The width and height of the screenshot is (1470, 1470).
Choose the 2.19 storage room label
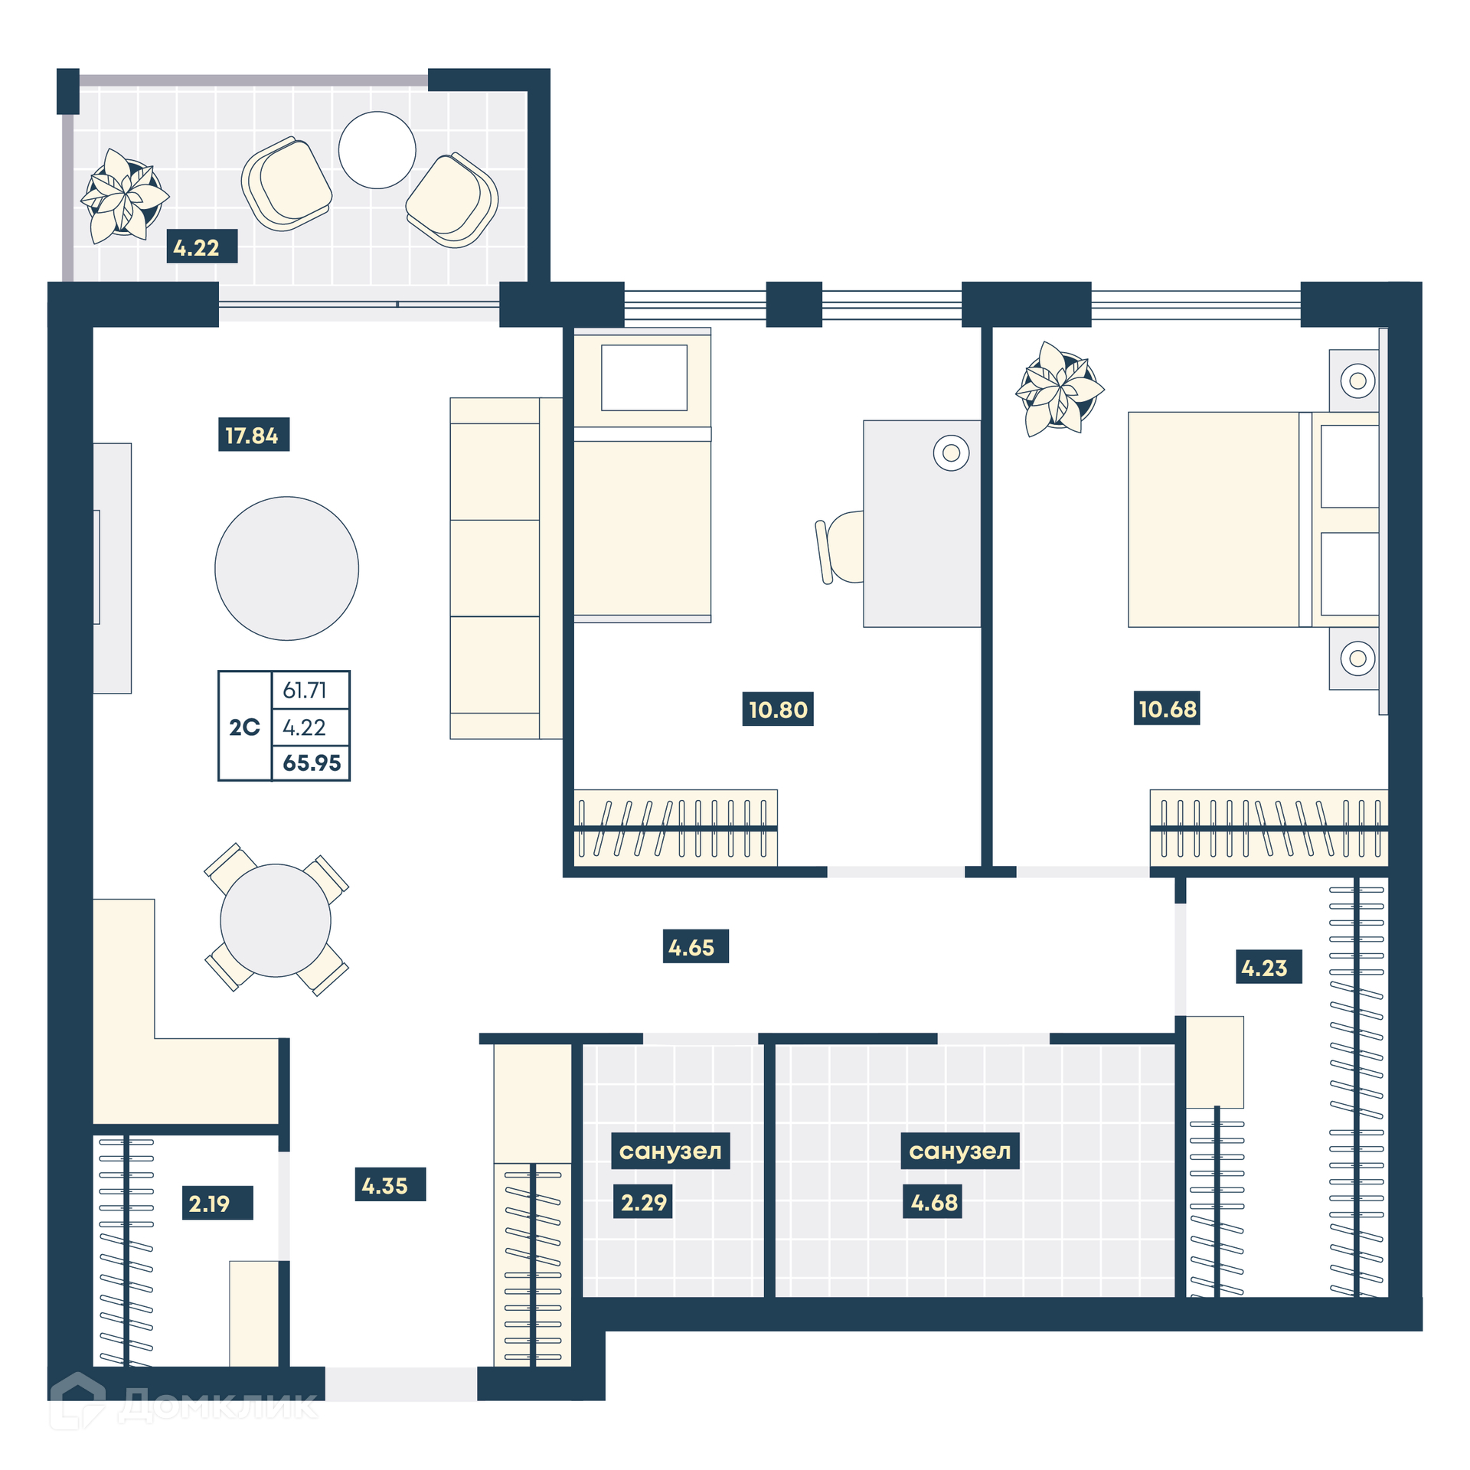pos(217,1202)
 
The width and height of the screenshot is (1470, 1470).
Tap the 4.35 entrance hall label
pos(390,1184)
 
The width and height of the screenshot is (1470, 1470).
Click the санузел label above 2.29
pos(670,1150)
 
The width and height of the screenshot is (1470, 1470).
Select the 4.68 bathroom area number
pos(933,1201)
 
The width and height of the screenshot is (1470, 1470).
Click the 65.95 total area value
pos(312,763)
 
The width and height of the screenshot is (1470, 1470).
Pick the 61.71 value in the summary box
pos(305,690)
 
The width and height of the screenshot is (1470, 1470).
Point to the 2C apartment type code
pos(244,727)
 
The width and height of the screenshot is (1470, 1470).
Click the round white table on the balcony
pos(377,150)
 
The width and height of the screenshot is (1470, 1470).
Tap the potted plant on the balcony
pos(125,196)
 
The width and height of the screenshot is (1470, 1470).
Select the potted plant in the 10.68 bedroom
pos(1059,389)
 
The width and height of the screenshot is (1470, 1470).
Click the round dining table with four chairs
pos(276,920)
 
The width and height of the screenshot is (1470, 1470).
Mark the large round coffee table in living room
pos(286,568)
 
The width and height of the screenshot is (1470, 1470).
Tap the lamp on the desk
pos(951,452)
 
